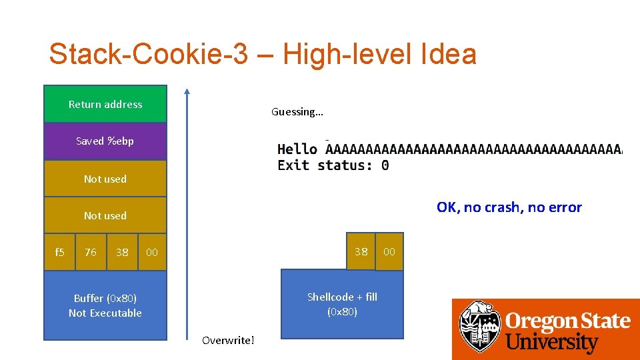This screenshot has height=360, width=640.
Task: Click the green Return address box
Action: [x=105, y=104]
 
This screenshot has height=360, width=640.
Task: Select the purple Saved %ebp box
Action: [x=105, y=141]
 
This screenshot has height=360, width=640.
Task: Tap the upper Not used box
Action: [x=105, y=179]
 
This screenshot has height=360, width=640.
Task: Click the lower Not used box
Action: [x=105, y=215]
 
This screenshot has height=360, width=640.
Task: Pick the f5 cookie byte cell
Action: [x=59, y=252]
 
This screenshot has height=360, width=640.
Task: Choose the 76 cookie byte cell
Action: [x=91, y=252]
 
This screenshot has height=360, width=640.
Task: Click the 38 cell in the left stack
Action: [x=122, y=252]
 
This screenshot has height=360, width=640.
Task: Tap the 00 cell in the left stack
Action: [x=152, y=252]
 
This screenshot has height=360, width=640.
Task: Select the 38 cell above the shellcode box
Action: [x=361, y=251]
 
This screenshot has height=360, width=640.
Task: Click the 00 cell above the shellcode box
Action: [x=389, y=251]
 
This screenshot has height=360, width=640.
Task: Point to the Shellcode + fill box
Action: [x=342, y=304]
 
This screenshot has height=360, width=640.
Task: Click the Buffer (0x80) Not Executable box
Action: [x=105, y=305]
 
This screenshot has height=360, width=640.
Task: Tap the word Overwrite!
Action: [x=228, y=341]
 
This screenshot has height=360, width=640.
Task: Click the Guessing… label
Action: [x=297, y=112]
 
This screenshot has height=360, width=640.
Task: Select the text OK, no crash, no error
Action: [x=509, y=207]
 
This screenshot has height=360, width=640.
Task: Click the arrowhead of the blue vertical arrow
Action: [x=187, y=93]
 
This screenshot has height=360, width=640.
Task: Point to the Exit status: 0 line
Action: [x=333, y=165]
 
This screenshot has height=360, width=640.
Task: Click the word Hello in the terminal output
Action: [x=297, y=149]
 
